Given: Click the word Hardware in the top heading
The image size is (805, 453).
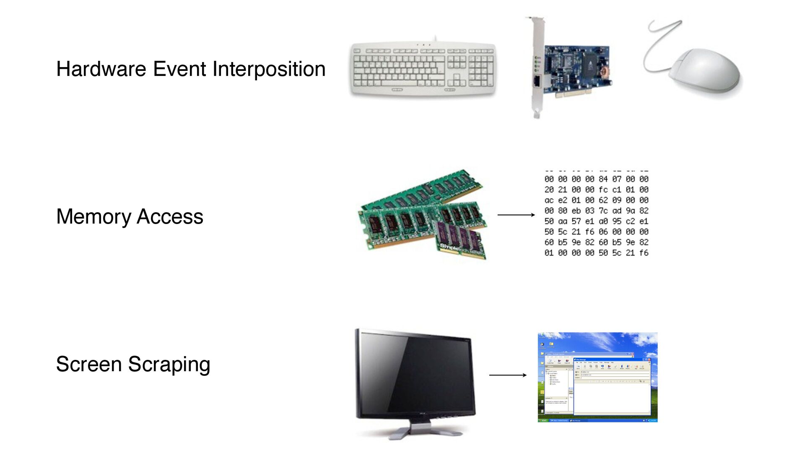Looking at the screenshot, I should (x=101, y=69).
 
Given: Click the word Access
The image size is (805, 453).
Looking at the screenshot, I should (x=170, y=217).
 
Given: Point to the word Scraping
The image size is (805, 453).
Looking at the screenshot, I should (x=169, y=364).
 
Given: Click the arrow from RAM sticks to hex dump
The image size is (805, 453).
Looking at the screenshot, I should (x=516, y=215).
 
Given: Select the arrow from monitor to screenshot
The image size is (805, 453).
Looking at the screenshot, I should (x=507, y=375).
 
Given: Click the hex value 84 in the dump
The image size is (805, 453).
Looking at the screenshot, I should (x=603, y=179).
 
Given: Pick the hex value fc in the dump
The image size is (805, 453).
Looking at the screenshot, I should (x=603, y=190).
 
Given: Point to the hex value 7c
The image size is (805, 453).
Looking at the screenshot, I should (x=603, y=211).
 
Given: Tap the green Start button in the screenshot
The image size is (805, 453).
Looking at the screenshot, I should (x=543, y=420).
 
